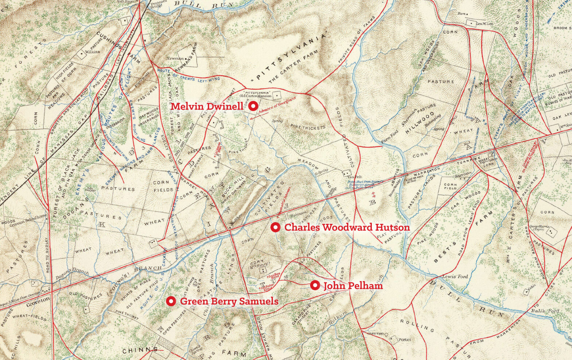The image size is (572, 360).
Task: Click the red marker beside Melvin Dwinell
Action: click(254, 106)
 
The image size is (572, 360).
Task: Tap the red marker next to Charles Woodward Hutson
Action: click(275, 227)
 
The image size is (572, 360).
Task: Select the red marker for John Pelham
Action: click(315, 285)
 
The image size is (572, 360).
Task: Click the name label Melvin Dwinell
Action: click(207, 106)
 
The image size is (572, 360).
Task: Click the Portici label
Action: click(405, 340)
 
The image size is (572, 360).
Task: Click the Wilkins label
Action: click(92, 52)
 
